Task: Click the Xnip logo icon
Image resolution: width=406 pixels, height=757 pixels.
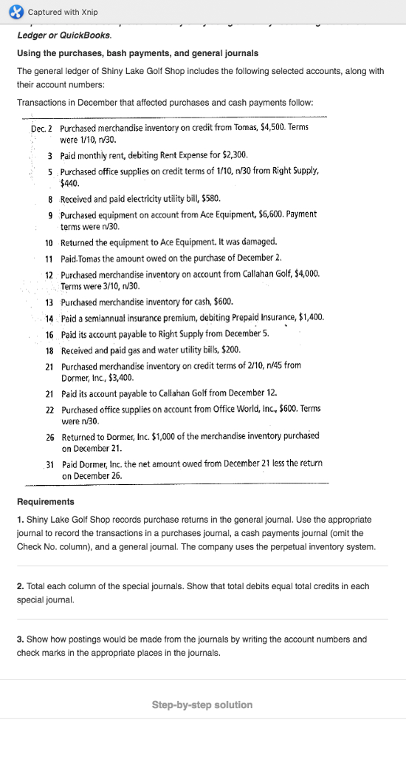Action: tap(14, 12)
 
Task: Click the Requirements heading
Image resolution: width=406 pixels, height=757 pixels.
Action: tap(45, 502)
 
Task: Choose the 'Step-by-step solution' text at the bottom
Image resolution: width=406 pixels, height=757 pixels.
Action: tap(202, 705)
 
